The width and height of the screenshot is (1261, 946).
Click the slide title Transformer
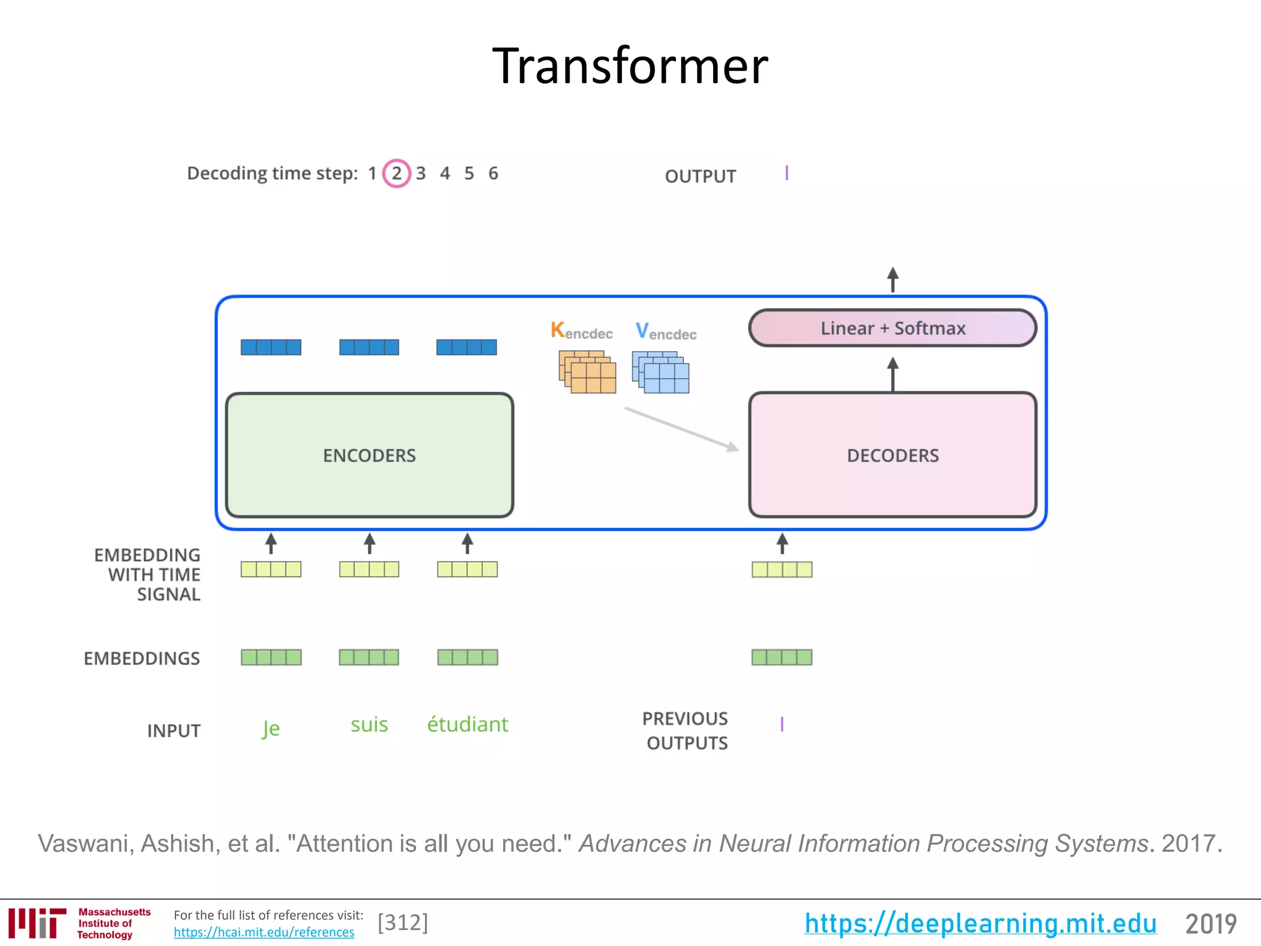point(630,66)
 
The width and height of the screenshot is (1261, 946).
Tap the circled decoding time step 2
point(397,174)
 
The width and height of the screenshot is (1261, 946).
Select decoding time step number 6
point(493,174)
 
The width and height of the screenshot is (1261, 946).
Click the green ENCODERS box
point(369,455)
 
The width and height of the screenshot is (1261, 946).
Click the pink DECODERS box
point(892,455)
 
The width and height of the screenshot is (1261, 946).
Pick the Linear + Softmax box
point(892,328)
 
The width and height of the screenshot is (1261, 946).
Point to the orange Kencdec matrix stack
point(587,371)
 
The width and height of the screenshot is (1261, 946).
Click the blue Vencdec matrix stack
point(660,372)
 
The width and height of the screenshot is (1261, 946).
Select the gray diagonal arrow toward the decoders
point(680,429)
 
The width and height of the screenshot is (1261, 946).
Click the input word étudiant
point(467,724)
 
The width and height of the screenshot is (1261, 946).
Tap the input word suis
point(369,724)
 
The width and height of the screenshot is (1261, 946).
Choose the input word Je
point(270,729)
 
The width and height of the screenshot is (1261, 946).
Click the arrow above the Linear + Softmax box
point(892,280)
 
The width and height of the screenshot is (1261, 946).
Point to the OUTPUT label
point(700,177)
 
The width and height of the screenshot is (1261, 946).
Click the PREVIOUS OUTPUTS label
point(686,730)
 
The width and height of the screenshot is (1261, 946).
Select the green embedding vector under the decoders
point(781,657)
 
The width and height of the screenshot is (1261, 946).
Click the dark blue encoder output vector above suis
point(369,347)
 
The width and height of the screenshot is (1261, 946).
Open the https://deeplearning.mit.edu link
point(980,923)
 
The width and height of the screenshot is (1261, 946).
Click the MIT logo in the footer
point(37,923)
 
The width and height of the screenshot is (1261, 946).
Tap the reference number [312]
point(403,923)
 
